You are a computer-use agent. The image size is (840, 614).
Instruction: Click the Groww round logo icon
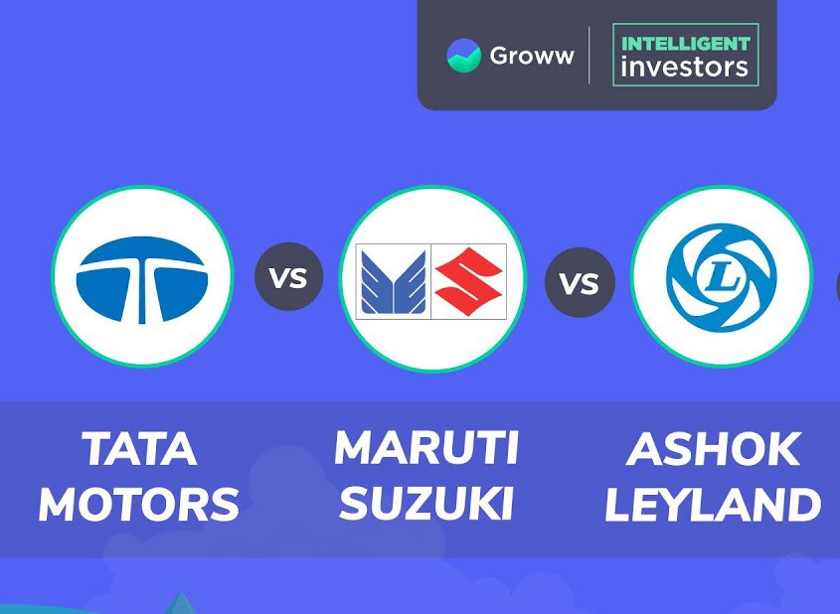[464, 55]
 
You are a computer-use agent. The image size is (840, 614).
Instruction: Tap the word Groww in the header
[532, 56]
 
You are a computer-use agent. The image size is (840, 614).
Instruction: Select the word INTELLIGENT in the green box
[686, 44]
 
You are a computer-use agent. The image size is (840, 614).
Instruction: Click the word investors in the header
[685, 68]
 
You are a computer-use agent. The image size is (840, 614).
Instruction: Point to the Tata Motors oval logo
[142, 279]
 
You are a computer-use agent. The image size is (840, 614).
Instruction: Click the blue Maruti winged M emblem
[394, 281]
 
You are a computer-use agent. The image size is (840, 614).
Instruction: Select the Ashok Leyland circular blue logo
[721, 277]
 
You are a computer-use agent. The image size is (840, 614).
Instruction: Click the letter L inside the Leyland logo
[721, 278]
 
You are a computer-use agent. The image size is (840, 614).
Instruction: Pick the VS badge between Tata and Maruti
[288, 277]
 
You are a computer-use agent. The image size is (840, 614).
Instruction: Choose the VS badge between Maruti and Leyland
[580, 282]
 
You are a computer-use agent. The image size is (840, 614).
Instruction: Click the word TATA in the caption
[139, 449]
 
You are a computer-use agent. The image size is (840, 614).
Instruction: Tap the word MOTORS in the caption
[139, 504]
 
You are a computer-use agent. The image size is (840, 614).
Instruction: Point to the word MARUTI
[426, 448]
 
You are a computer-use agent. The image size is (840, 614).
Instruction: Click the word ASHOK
[713, 449]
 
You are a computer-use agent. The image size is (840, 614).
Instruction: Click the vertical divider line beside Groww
[589, 55]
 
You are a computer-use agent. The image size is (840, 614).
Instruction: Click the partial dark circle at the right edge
[838, 287]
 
